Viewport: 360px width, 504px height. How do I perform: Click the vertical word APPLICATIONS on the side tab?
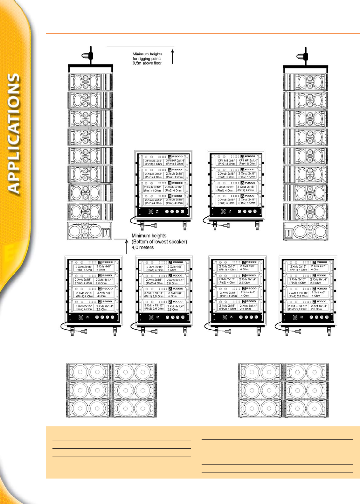pos(14,134)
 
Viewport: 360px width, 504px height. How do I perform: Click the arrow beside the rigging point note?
pos(172,56)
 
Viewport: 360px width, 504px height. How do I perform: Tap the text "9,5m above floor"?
pos(147,63)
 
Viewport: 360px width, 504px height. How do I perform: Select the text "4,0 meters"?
pos(142,248)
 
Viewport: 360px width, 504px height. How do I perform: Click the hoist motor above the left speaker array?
pos(88,55)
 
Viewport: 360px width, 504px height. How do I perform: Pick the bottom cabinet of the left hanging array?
pos(90,230)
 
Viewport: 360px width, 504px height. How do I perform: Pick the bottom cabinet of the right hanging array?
pos(306,231)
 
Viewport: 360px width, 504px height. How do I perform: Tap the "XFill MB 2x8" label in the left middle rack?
pos(154,162)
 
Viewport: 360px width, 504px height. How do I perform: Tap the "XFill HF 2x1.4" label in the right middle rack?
pos(248,162)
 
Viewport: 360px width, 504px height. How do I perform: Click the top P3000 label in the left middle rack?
pos(177,157)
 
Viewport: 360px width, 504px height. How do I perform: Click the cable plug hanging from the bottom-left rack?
pos(85,331)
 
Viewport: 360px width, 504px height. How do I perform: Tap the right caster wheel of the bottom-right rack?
pos(329,332)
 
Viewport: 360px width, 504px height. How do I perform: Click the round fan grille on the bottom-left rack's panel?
pos(80,317)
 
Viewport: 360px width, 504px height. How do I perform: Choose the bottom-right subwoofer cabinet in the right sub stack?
pos(306,408)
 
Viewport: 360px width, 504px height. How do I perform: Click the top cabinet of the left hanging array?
pos(90,82)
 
